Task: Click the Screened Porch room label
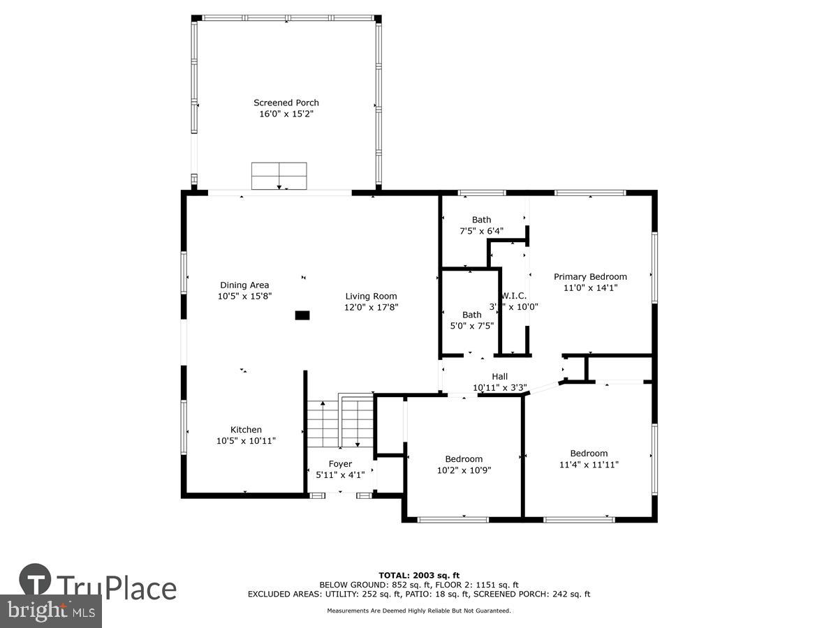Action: pyautogui.click(x=286, y=103)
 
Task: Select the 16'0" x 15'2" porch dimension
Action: pyautogui.click(x=286, y=113)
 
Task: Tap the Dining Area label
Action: pyautogui.click(x=244, y=285)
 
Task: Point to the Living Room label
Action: pyautogui.click(x=371, y=296)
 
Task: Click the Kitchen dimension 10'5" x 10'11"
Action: pyautogui.click(x=246, y=440)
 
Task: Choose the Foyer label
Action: pyautogui.click(x=340, y=464)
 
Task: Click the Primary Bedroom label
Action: pyautogui.click(x=590, y=276)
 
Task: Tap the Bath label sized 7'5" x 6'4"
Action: pyautogui.click(x=481, y=220)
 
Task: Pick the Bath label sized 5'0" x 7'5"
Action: pyautogui.click(x=471, y=315)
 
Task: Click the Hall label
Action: pyautogui.click(x=499, y=377)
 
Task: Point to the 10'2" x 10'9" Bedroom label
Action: pyautogui.click(x=464, y=458)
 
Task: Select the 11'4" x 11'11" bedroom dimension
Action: pyautogui.click(x=589, y=464)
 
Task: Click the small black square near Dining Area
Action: pyautogui.click(x=302, y=315)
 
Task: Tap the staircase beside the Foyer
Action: pyautogui.click(x=340, y=422)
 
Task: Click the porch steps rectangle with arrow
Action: pyautogui.click(x=279, y=176)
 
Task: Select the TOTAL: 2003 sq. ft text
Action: pyautogui.click(x=419, y=575)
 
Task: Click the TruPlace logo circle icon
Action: pyautogui.click(x=35, y=581)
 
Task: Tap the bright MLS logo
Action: pyautogui.click(x=50, y=611)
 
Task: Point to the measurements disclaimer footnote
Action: pyautogui.click(x=419, y=611)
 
